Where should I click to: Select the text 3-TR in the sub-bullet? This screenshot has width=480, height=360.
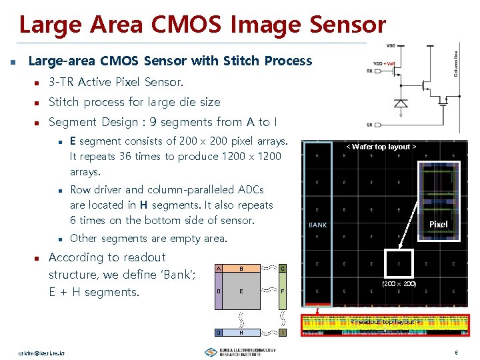tap(61, 82)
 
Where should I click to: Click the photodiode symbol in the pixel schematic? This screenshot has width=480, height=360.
tap(401, 103)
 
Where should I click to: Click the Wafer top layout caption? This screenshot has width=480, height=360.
tap(380, 147)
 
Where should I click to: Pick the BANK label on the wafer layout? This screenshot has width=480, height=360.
tap(318, 225)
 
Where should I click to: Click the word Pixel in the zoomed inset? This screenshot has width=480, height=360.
tap(438, 224)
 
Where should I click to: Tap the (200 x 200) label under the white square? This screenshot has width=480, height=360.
tap(399, 284)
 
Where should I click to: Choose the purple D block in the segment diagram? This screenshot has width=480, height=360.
tap(218, 292)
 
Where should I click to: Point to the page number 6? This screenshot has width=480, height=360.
tap(456, 352)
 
